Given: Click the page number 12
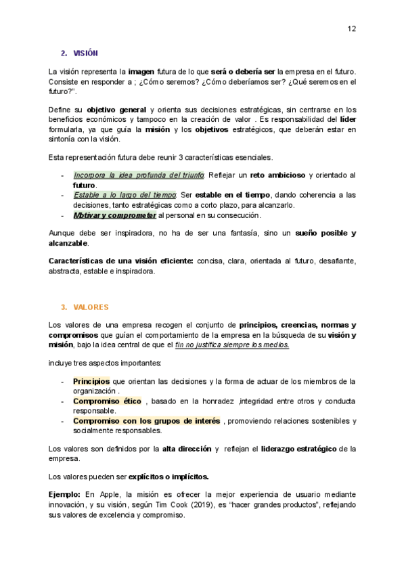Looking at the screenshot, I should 352,28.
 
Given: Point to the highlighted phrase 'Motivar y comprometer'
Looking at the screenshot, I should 114,215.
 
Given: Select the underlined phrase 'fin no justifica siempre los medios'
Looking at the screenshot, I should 232,345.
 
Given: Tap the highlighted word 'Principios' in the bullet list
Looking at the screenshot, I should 91,381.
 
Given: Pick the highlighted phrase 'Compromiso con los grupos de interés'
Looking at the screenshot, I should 146,420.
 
